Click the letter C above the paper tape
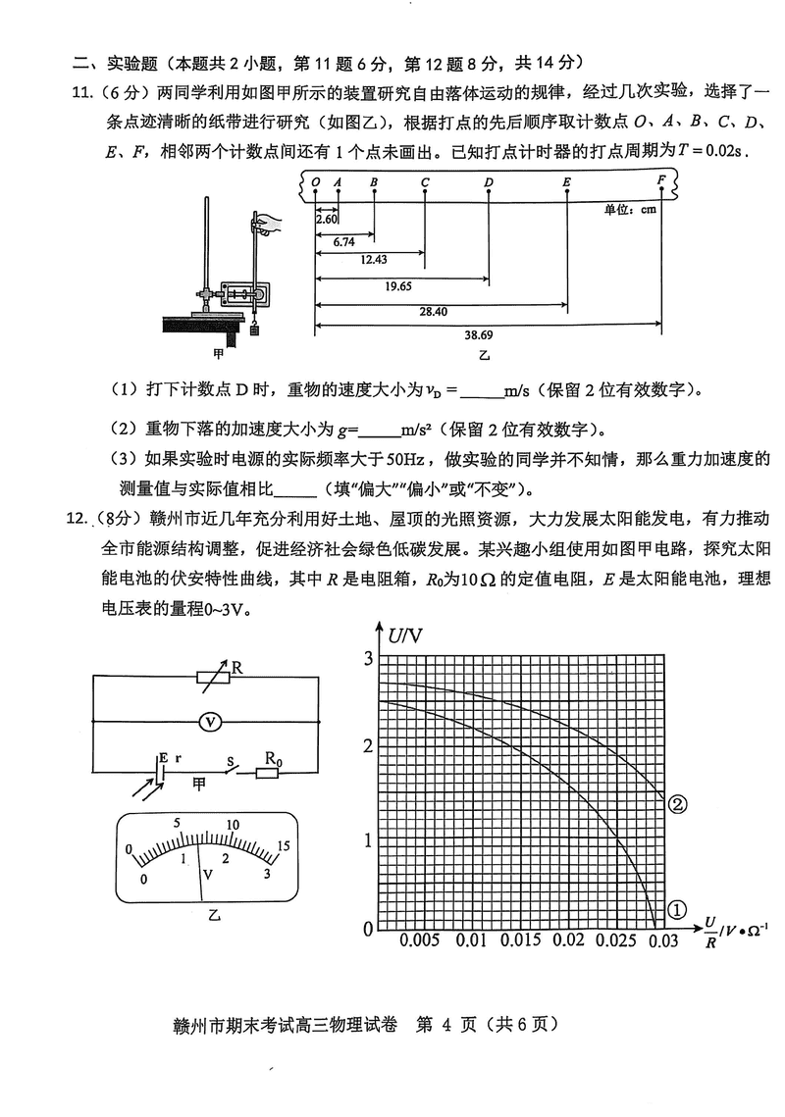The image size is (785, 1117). point(425,182)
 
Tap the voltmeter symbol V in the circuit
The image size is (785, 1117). point(207,721)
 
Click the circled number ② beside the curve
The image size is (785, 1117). point(676,804)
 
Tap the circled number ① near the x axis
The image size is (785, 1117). point(676,910)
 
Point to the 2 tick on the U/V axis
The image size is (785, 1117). point(368,746)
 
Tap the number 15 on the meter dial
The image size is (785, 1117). point(284,845)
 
